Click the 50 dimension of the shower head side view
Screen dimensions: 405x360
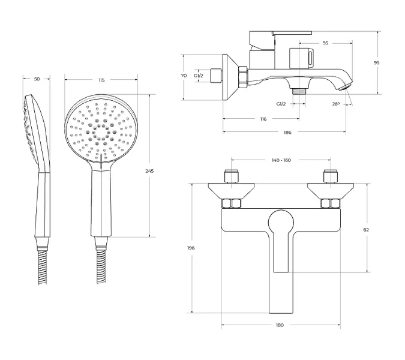pos(37,79)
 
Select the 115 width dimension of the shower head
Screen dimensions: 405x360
pos(101,80)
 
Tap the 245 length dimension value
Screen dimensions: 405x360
pos(149,171)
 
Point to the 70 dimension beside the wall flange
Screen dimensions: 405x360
pos(184,76)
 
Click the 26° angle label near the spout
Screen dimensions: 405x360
pos(335,104)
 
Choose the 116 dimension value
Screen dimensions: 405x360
pos(263,119)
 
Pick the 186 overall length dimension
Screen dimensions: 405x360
pos(287,133)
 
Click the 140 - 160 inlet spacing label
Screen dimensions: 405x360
pos(281,160)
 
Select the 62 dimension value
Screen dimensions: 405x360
pos(366,230)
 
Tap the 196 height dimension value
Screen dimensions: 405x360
pos(191,248)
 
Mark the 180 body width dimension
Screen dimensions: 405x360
pos(280,325)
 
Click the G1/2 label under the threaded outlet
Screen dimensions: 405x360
pos(281,104)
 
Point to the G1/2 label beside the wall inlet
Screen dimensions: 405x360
pos(199,76)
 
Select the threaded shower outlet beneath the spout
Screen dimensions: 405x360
pos(299,92)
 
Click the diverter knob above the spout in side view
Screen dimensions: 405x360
pos(301,58)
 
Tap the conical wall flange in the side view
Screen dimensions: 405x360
pos(232,77)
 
